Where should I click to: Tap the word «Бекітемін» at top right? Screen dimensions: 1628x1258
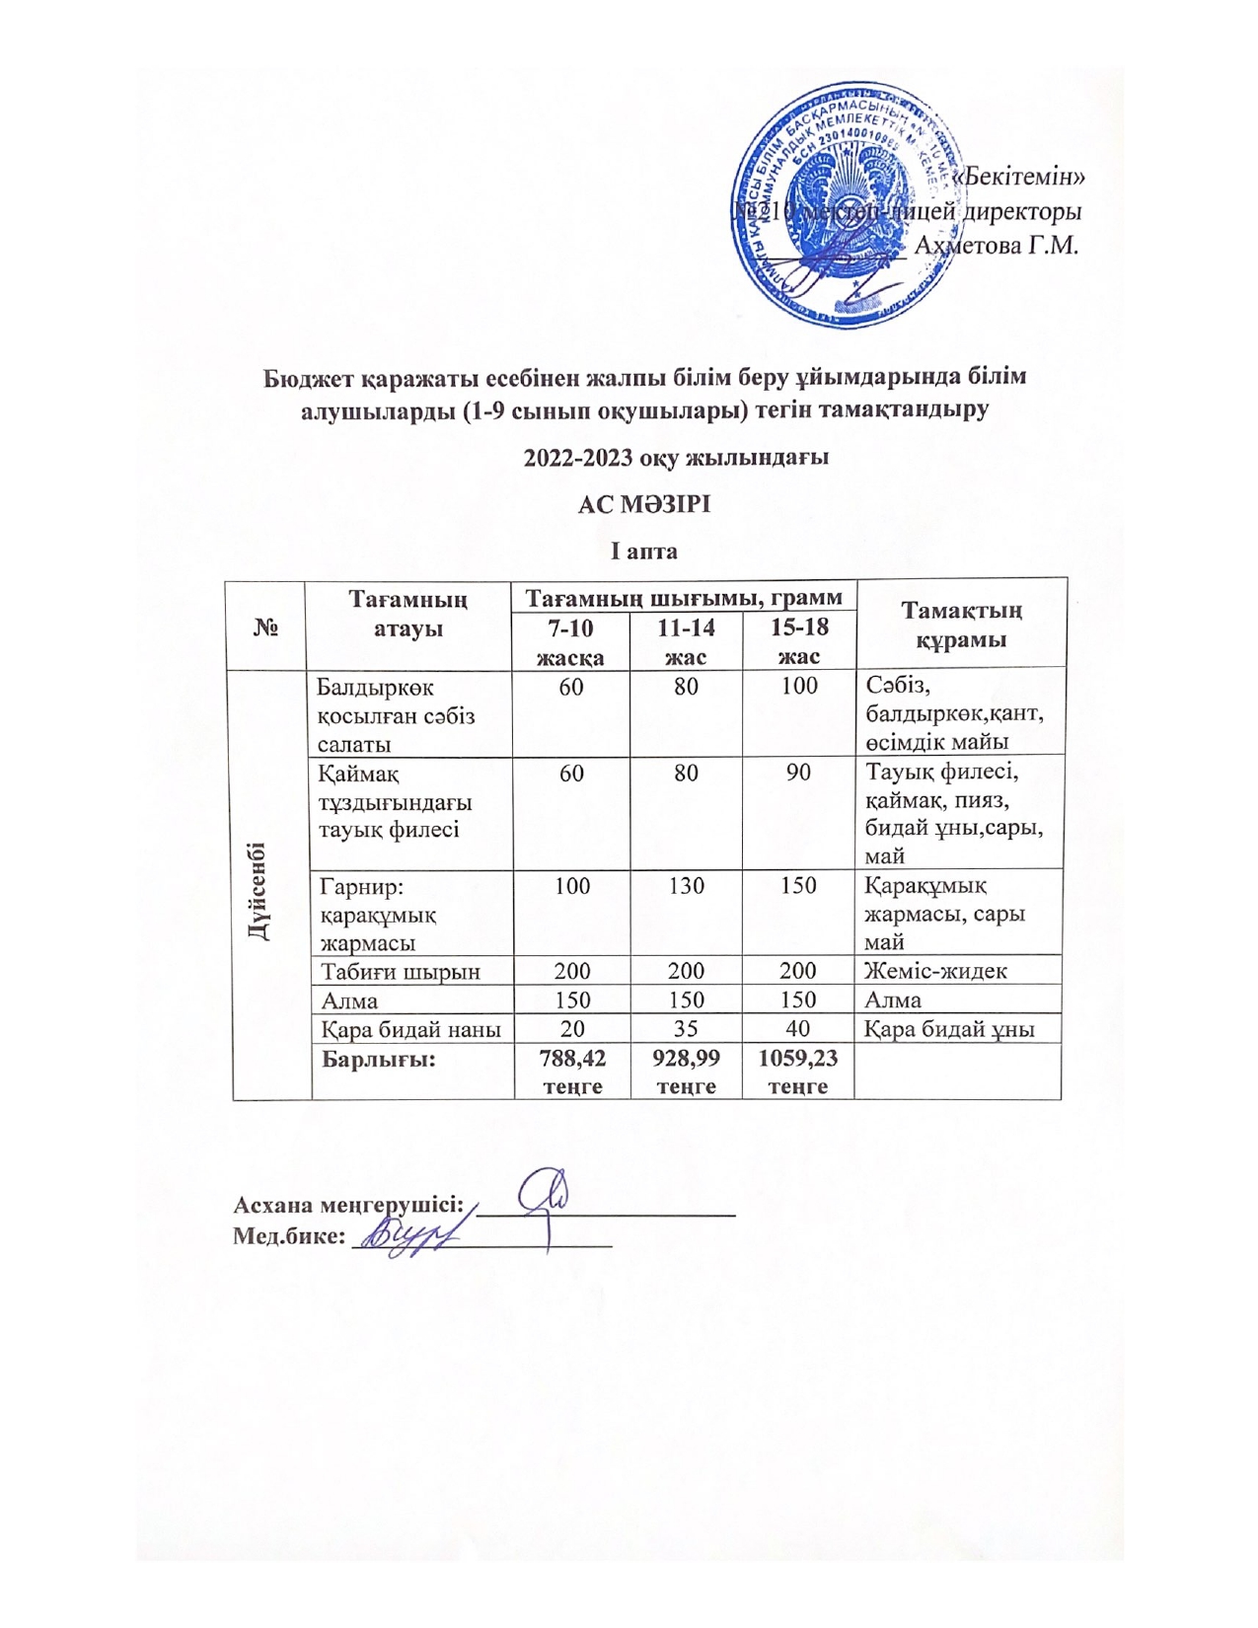1018,177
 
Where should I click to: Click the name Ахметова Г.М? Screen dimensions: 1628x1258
996,244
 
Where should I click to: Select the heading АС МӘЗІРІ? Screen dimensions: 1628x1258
643,504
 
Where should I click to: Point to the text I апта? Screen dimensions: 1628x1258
643,551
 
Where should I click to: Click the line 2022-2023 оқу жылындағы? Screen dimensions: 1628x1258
675,457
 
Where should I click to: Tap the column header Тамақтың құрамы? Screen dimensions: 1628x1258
961,625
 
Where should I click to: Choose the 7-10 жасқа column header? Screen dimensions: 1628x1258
570,641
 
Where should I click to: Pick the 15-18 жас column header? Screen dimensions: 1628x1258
798,641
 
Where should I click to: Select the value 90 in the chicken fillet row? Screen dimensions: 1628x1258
798,773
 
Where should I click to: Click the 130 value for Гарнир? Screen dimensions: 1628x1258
686,885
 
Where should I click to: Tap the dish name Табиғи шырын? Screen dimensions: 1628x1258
401,971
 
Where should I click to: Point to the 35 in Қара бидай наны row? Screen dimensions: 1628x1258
686,1029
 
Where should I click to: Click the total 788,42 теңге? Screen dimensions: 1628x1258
572,1072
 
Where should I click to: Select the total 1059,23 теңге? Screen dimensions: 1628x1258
798,1072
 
